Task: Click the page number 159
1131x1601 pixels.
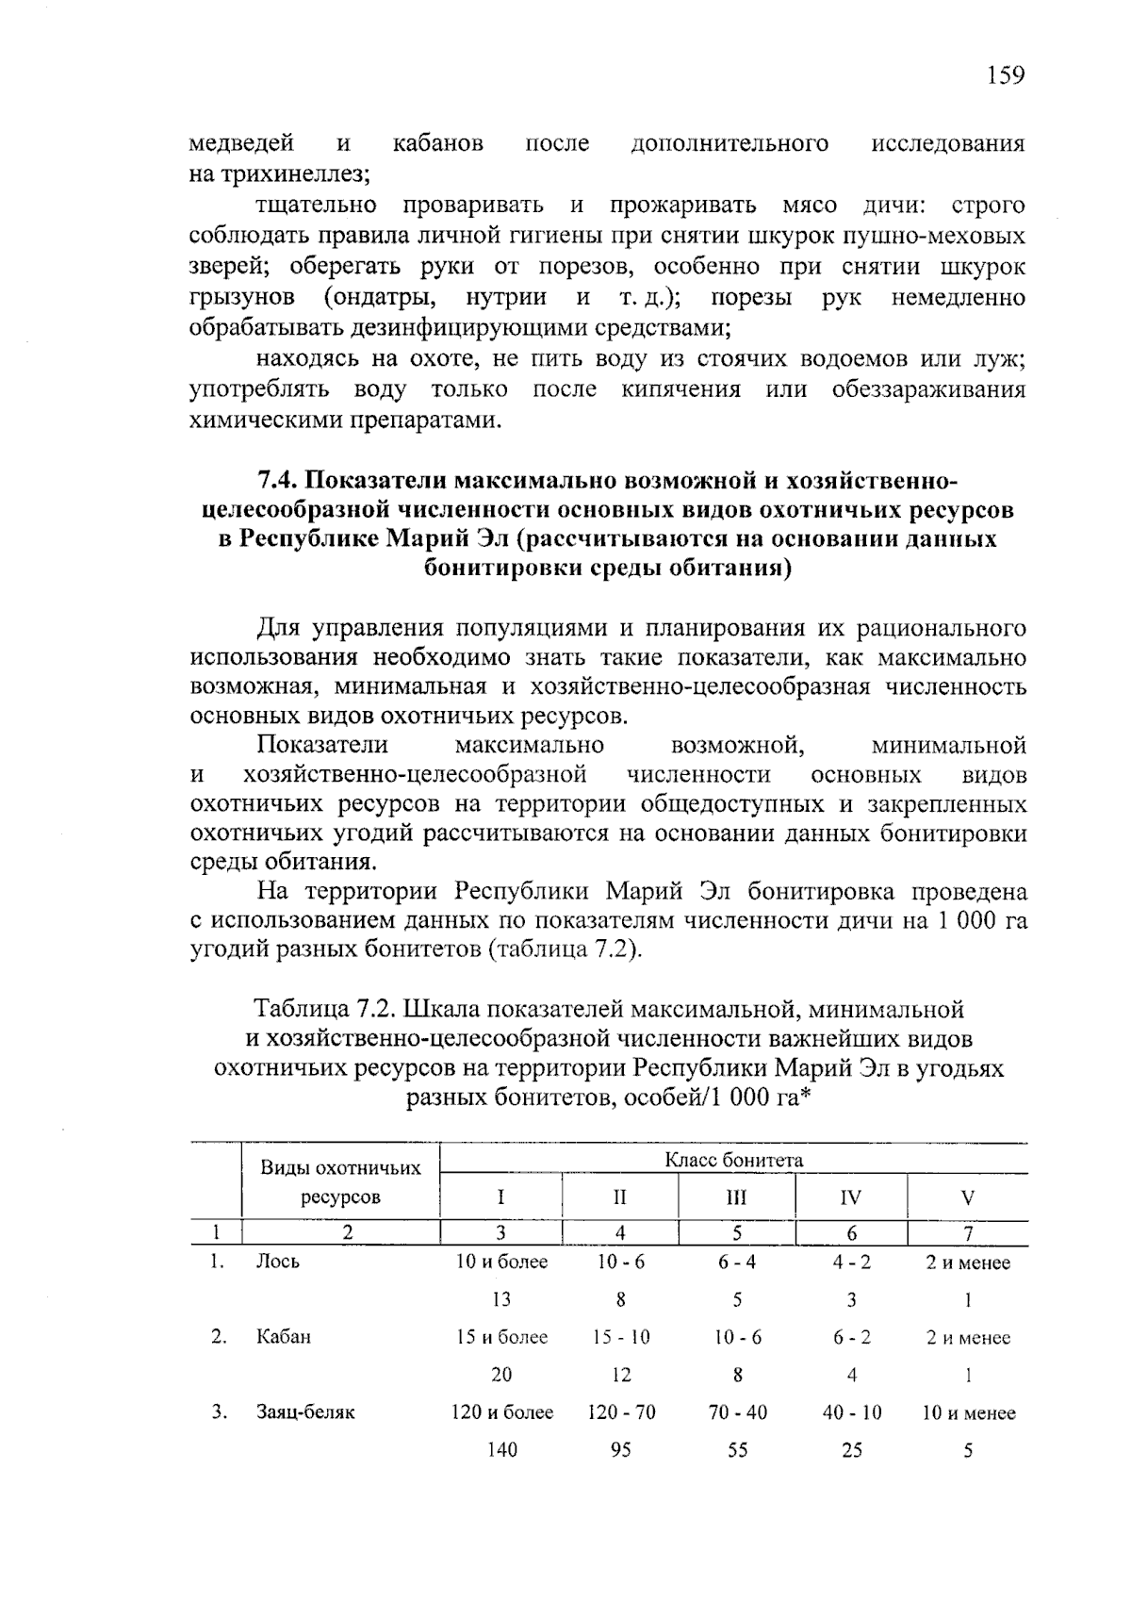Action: coord(1006,75)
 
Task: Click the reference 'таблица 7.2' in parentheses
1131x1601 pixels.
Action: coord(564,949)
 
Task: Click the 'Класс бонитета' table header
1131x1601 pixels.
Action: coord(734,1160)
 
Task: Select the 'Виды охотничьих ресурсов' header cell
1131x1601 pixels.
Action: coord(340,1182)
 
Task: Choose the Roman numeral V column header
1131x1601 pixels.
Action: coord(967,1198)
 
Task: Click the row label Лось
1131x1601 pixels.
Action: coord(278,1263)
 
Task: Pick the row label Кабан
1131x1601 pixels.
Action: coord(283,1337)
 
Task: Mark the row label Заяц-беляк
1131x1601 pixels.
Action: coord(305,1412)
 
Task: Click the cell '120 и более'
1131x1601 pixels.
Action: coord(501,1412)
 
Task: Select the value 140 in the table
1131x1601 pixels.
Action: coord(501,1450)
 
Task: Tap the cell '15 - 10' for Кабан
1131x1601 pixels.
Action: coord(620,1337)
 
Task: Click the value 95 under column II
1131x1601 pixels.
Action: coord(620,1450)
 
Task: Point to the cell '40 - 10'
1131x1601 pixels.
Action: coord(851,1412)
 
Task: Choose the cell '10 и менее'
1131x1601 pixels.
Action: coord(968,1413)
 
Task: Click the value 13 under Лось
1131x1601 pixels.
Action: coord(501,1300)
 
